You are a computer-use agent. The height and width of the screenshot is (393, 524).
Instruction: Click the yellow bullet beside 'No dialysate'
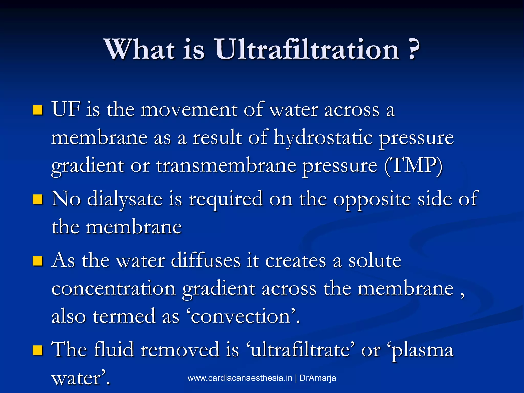38,200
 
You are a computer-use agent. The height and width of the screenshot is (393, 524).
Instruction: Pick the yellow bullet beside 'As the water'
38,261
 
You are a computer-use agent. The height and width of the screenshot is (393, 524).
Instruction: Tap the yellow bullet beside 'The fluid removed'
38,350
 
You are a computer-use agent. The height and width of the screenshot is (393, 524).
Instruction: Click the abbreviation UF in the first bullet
66,110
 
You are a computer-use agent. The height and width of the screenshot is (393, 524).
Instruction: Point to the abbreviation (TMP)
413,166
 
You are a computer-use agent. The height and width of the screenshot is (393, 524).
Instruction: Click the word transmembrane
226,166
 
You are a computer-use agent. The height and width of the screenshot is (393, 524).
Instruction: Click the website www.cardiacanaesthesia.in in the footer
240,378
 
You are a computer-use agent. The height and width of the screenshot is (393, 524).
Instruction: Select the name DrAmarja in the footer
318,378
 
